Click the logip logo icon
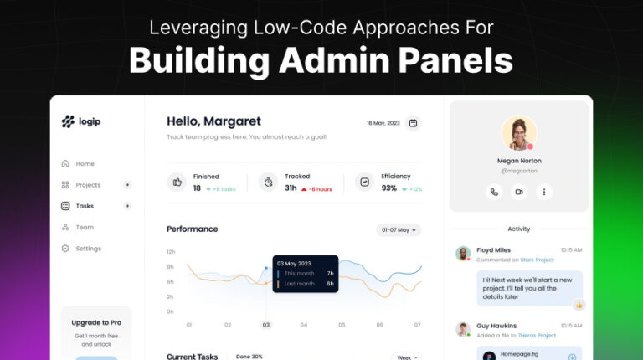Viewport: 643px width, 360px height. (68, 121)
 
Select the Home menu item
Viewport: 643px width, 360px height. (85, 164)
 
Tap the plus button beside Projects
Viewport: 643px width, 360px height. (127, 185)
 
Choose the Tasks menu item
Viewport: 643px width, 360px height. (85, 206)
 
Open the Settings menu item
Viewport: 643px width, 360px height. (88, 249)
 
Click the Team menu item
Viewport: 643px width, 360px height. (85, 227)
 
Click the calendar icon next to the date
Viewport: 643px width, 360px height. (413, 123)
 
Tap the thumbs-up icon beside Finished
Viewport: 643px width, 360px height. (177, 182)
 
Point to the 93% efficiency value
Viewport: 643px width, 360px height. (389, 188)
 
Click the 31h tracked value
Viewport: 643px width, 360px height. (291, 188)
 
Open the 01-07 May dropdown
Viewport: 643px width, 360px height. (399, 229)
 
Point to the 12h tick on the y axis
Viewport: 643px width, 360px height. (170, 252)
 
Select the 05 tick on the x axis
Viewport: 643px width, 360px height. (342, 325)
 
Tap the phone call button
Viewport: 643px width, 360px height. (494, 192)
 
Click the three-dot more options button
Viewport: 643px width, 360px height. (544, 192)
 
